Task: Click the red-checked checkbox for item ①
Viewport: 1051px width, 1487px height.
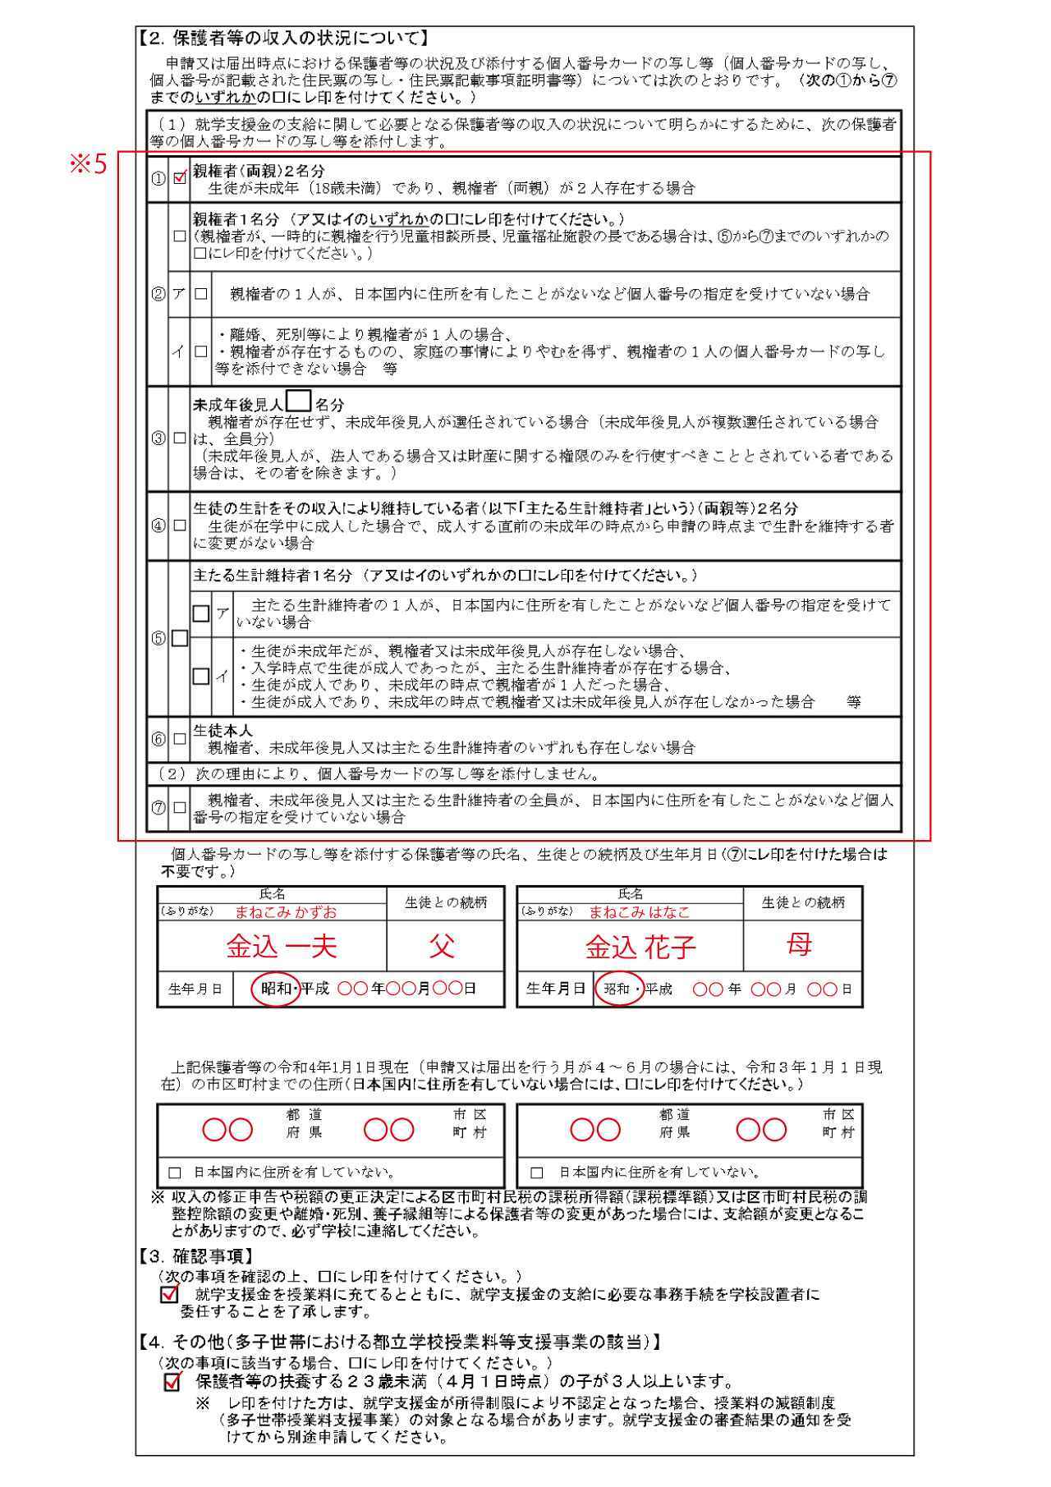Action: tap(179, 177)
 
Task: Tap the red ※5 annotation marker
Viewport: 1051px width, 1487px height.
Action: tap(88, 164)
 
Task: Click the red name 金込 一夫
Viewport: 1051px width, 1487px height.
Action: tap(282, 947)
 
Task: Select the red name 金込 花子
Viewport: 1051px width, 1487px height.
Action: tap(640, 948)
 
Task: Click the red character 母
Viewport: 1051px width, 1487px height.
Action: tap(798, 945)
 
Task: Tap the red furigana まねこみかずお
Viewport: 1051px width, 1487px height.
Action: tap(286, 911)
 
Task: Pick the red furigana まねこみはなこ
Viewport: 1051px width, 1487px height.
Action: tap(639, 911)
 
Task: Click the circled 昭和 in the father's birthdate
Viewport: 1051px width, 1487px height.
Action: tap(276, 989)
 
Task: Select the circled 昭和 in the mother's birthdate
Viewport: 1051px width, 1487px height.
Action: tap(618, 989)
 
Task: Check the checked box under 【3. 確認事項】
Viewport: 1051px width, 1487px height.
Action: tap(170, 1295)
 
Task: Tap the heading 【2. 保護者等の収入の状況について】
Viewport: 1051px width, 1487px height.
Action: tap(282, 38)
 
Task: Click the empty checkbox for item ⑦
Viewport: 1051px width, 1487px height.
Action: tap(179, 808)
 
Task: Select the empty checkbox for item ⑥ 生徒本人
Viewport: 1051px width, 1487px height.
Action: tap(179, 739)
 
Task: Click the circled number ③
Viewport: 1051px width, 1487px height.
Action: tap(158, 438)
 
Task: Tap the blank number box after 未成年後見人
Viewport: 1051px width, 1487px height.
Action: tap(299, 401)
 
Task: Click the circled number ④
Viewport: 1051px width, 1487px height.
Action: tap(158, 525)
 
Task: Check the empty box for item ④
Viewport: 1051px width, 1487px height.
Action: tap(179, 525)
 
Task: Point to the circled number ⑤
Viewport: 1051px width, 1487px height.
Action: tap(158, 638)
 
